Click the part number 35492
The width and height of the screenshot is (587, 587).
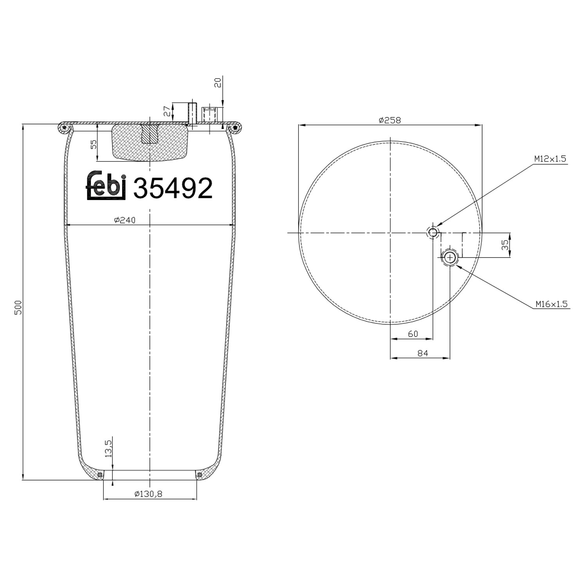click(173, 188)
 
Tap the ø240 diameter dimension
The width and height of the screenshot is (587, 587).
click(124, 220)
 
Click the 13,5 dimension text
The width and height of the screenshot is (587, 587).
click(108, 448)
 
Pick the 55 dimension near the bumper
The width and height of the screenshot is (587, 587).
click(93, 144)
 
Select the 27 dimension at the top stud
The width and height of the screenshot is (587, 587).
click(167, 111)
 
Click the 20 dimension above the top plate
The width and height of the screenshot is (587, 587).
click(218, 82)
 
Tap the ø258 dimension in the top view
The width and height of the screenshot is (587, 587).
click(390, 120)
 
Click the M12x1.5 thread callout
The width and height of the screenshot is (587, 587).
click(550, 159)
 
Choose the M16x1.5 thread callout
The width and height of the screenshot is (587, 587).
click(551, 304)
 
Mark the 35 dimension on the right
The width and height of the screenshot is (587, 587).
click(505, 245)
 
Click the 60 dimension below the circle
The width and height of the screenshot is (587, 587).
click(413, 334)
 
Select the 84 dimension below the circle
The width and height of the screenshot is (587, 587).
click(423, 353)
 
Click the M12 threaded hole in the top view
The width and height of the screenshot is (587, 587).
click(432, 233)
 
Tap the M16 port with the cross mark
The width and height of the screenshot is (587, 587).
click(450, 257)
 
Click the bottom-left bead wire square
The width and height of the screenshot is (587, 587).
click(100, 475)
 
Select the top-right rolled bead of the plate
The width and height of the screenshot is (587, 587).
click(235, 127)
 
